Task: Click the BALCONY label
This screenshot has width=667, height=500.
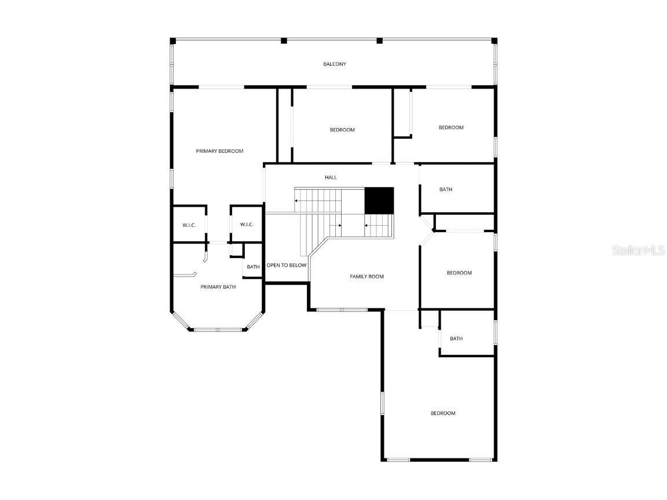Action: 335,64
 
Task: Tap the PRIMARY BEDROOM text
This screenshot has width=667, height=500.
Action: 219,151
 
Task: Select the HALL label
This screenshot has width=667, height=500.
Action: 330,178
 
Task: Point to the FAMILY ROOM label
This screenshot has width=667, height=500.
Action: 367,277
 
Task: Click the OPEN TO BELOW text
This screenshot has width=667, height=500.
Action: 286,266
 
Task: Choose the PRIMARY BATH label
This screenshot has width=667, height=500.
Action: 218,287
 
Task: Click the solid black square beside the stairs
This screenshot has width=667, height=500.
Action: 379,200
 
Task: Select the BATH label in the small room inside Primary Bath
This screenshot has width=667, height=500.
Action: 253,267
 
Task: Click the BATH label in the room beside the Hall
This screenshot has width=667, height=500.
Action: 445,189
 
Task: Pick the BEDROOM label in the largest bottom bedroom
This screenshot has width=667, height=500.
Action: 442,413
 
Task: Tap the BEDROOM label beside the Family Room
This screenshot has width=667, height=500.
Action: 459,273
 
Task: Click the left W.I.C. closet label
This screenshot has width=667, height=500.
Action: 189,225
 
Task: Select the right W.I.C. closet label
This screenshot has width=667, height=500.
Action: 247,225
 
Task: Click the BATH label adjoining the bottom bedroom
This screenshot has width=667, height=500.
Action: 456,339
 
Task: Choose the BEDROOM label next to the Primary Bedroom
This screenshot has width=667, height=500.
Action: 342,130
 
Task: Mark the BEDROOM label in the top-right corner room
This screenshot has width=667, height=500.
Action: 451,127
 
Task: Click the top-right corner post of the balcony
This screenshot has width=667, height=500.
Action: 494,41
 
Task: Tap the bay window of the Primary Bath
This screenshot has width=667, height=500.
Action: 218,329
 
